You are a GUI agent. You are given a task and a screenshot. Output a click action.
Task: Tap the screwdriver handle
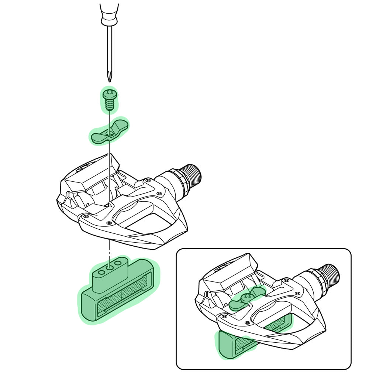click(109, 13)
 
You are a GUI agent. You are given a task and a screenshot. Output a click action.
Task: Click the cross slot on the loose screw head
click(109, 91)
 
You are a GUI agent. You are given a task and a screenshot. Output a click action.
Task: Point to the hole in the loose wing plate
click(108, 133)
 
